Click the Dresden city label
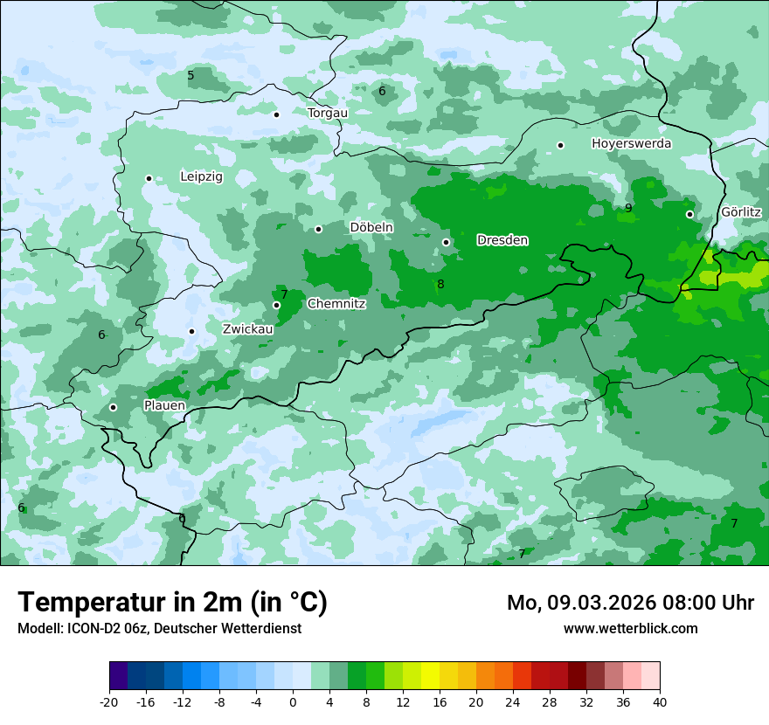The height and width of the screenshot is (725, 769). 502,240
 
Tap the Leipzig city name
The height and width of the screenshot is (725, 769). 202,176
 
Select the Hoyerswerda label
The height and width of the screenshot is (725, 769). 631,143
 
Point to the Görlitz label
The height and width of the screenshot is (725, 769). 741,212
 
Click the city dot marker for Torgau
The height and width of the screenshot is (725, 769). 276,114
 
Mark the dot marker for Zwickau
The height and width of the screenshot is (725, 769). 191,331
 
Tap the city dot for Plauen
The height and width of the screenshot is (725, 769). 113,407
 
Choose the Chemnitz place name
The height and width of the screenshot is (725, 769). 336,304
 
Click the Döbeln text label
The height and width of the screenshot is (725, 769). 371,227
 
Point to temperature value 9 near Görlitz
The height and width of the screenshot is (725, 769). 628,208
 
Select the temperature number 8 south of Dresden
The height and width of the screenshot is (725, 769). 440,284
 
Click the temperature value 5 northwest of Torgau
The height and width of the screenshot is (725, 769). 191,75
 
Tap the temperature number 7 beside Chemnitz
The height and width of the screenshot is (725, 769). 284,295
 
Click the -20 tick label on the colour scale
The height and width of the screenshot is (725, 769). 109,701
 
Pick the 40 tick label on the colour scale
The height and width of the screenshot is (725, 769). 660,701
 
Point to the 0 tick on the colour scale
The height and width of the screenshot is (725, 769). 293,701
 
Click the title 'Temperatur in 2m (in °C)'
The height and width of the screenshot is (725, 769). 172,603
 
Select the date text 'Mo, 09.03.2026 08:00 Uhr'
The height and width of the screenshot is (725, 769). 630,603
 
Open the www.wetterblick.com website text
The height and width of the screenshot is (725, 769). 630,628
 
